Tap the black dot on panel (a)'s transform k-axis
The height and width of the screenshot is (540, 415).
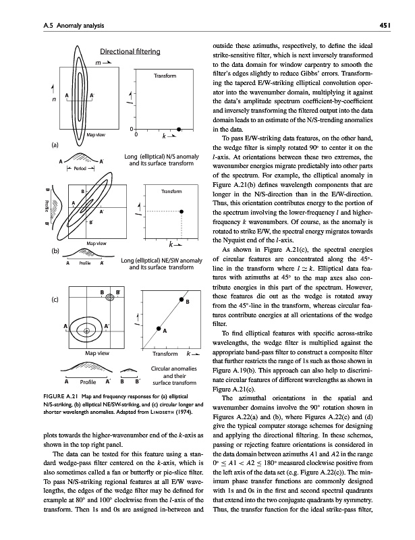coord(179,128)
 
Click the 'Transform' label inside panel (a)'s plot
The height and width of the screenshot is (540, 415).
coord(164,76)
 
